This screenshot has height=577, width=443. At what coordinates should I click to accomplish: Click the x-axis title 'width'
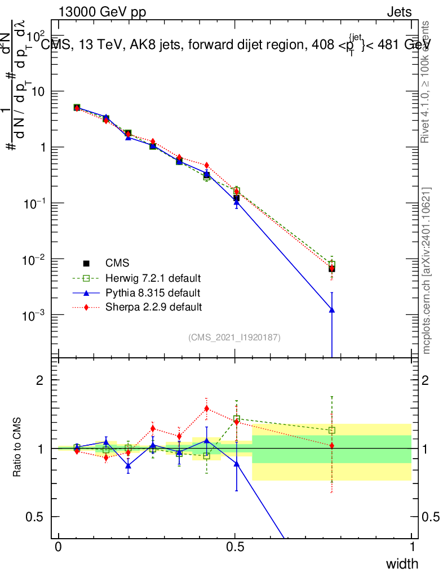tap(402, 563)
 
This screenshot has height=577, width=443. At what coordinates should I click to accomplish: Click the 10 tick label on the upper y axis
tap(38, 91)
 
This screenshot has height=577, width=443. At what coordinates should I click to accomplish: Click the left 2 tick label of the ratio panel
tap(40, 380)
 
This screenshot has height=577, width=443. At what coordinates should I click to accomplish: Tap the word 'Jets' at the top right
tap(399, 12)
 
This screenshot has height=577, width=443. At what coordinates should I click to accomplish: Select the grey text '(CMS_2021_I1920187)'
tap(234, 338)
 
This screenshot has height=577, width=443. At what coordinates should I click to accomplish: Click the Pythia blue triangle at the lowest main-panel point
tap(332, 310)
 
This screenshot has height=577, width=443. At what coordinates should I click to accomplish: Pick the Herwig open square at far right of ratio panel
tap(332, 430)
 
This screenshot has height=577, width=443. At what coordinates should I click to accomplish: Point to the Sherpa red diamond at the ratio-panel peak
tap(207, 409)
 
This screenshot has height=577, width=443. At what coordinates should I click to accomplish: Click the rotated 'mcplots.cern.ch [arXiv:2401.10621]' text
tap(427, 270)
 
